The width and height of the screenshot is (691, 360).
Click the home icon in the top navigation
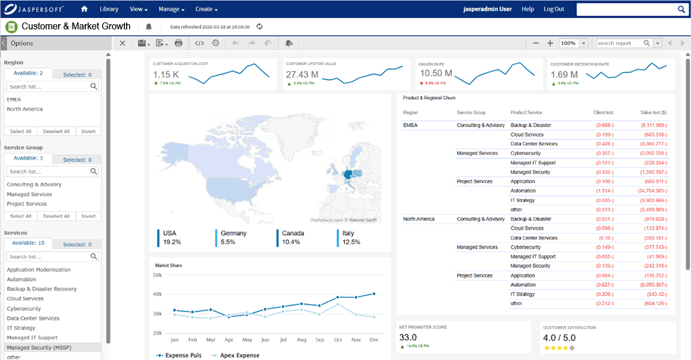coord(85,9)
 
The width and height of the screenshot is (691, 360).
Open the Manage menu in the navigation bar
coord(171,9)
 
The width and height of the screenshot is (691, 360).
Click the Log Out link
coord(553,9)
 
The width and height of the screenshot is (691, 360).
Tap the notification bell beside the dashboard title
coord(149,26)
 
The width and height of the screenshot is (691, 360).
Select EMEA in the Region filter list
coord(14,99)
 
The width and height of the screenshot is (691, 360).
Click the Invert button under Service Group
coord(88,216)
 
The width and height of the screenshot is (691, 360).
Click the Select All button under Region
coord(21,131)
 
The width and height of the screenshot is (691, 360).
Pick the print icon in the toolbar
coord(179,43)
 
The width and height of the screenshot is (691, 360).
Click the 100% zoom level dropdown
coord(574,43)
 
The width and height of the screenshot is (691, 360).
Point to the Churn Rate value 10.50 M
coord(436,74)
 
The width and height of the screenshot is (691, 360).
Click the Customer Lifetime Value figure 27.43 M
coord(302,74)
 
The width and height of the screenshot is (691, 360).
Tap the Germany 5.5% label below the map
coord(233,237)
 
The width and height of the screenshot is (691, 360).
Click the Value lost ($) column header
coord(653,112)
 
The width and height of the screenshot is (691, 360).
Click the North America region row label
coord(419,219)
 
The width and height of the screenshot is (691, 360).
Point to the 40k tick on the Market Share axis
coord(157,294)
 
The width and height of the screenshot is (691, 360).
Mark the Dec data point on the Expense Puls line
coord(374,294)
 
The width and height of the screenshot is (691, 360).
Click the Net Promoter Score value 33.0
coord(408,338)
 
